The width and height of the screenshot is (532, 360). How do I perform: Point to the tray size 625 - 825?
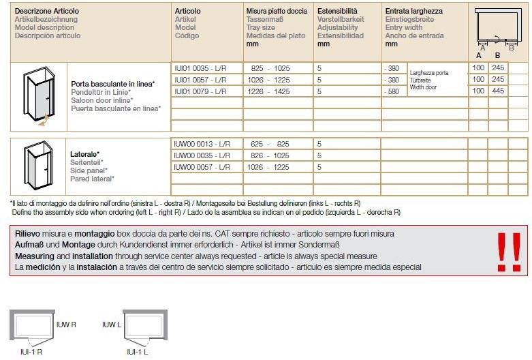(270, 145)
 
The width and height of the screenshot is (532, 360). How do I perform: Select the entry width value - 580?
(392, 91)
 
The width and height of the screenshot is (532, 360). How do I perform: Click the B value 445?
(498, 91)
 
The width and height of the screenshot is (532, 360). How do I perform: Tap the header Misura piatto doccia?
(277, 12)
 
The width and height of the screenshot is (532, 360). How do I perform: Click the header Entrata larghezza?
(413, 12)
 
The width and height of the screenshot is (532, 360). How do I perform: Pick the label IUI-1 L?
(137, 352)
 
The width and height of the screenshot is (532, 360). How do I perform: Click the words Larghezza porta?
(429, 73)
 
